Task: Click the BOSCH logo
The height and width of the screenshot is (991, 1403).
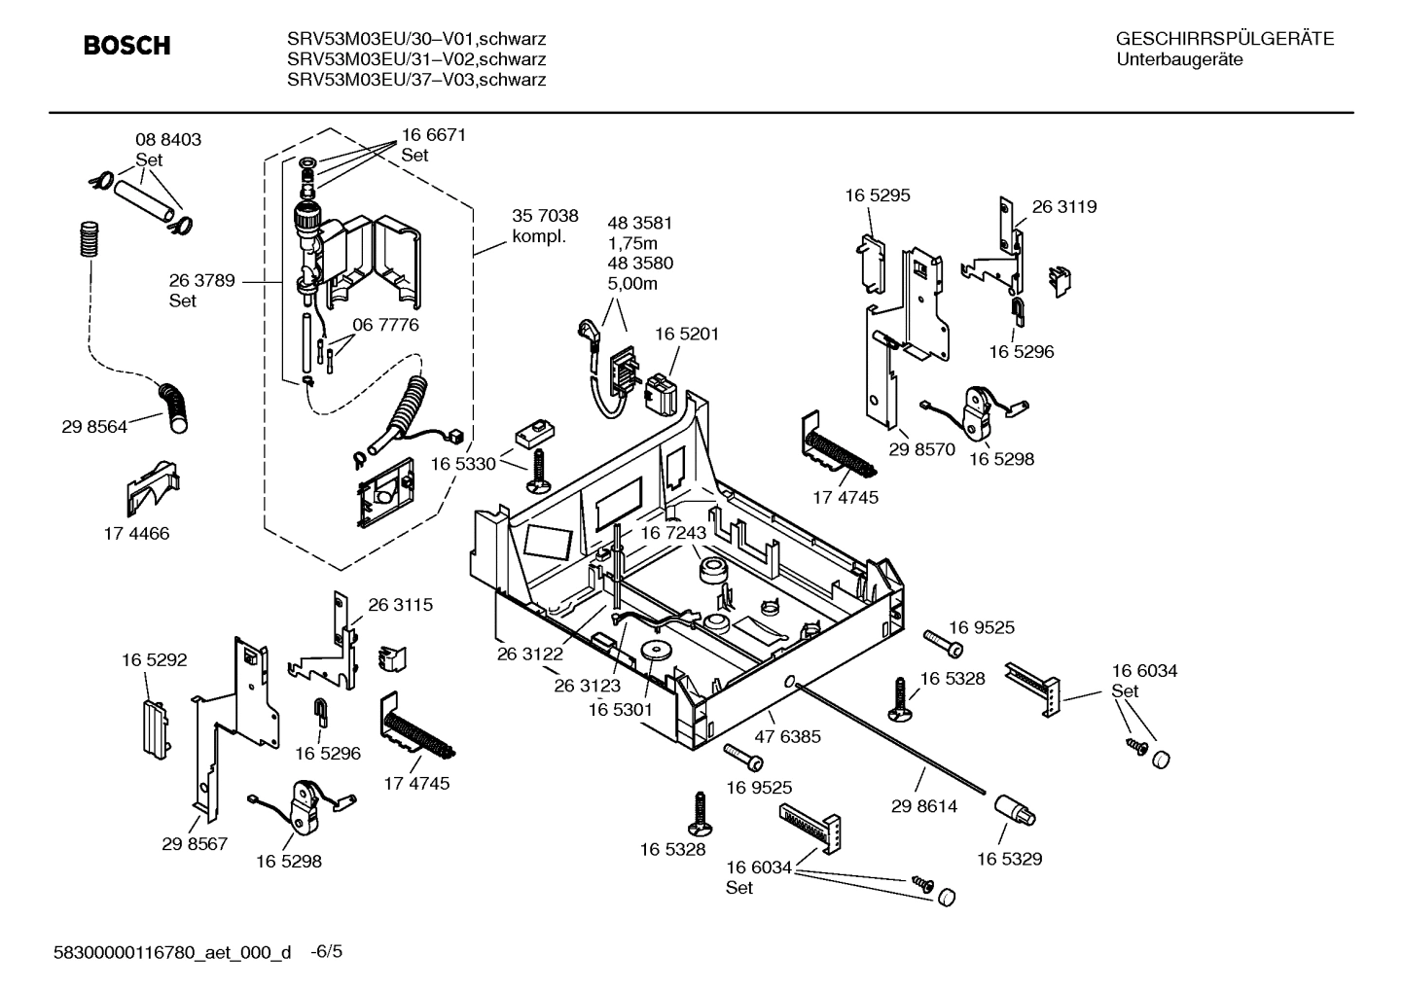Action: [x=126, y=46]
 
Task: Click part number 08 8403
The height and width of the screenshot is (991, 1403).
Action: [x=167, y=140]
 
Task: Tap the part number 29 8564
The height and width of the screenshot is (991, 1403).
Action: [x=94, y=426]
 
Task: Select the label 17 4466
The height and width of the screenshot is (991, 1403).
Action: [x=136, y=533]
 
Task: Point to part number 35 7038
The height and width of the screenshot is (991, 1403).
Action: [x=545, y=216]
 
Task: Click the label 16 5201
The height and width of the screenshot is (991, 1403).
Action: [x=686, y=334]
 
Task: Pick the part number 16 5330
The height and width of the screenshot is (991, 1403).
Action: [x=462, y=464]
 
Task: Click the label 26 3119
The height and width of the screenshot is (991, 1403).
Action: [x=1063, y=206]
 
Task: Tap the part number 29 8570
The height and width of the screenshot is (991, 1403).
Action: [x=921, y=449]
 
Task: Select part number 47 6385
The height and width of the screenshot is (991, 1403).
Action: [x=787, y=736]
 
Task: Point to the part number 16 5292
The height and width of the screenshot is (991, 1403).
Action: [x=154, y=660]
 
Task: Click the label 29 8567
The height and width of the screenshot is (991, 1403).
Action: [x=195, y=843]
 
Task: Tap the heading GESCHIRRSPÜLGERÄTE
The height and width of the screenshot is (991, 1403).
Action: [x=1224, y=40]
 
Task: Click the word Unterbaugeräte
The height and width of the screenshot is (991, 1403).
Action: [x=1178, y=59]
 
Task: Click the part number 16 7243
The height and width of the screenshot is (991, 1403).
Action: [x=673, y=533]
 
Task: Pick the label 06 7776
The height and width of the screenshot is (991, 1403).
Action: [x=385, y=325]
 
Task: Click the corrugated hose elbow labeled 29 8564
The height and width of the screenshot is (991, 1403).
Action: [x=176, y=407]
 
